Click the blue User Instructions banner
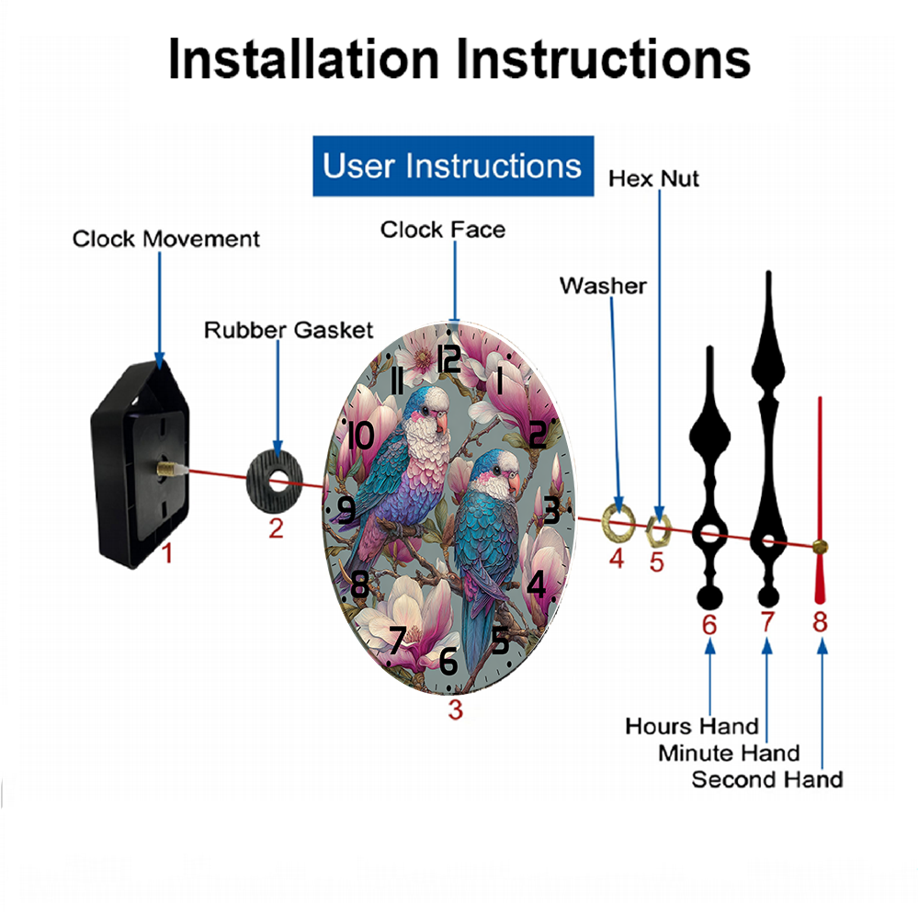coord(453,166)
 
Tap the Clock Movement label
coord(166,239)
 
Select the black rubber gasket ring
coord(276,482)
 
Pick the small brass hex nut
coord(658,528)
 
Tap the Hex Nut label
coord(653,178)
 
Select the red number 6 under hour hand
coord(709,624)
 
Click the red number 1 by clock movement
coord(167,553)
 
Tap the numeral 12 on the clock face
coord(448,357)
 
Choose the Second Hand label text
coord(766,779)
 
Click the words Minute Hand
coord(729,753)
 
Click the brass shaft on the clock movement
coord(167,470)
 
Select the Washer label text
coord(603,286)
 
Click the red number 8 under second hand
coord(820,622)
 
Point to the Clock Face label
coord(443,229)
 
